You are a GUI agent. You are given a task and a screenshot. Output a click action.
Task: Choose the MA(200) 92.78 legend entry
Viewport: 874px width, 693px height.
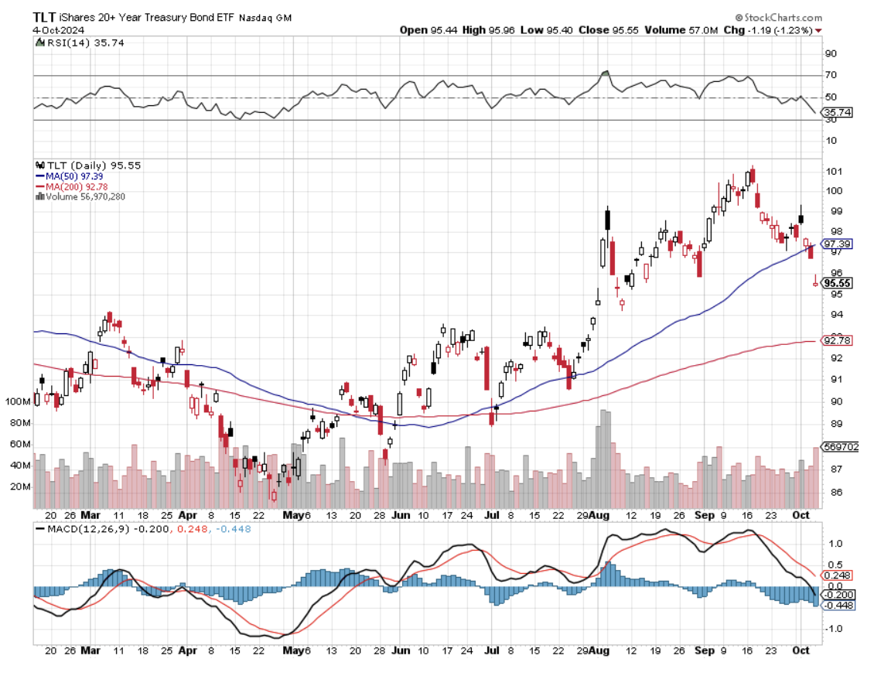pyautogui.click(x=80, y=186)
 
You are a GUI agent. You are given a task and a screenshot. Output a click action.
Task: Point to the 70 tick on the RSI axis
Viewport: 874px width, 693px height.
pyautogui.click(x=831, y=75)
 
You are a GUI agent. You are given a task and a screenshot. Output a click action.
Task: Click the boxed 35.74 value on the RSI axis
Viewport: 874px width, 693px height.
pyautogui.click(x=835, y=111)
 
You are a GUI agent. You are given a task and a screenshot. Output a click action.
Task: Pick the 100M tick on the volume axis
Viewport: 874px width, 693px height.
pyautogui.click(x=18, y=401)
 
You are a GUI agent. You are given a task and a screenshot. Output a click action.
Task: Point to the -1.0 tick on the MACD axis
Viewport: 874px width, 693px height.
pyautogui.click(x=834, y=628)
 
